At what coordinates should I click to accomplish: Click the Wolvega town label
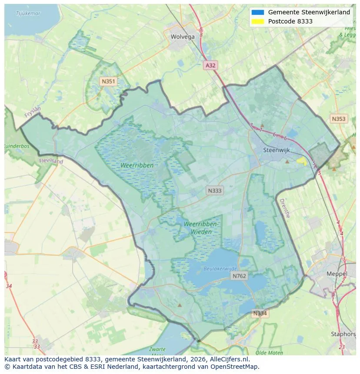[x=183, y=37]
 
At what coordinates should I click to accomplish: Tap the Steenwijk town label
[x=277, y=150]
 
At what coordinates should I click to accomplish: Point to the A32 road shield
[x=210, y=65]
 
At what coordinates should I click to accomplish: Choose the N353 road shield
[x=339, y=119]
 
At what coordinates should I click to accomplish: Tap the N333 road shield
[x=214, y=190]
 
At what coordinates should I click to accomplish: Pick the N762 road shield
[x=239, y=276]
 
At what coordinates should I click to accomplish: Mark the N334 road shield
[x=260, y=313]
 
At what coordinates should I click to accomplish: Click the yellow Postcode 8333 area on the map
[x=301, y=160]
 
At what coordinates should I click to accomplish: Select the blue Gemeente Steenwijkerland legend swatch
[x=257, y=12]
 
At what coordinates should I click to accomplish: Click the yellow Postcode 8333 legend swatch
[x=257, y=21]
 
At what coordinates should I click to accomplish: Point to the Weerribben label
[x=137, y=165]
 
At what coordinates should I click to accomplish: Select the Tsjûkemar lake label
[x=28, y=13]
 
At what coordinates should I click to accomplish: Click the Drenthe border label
[x=284, y=209]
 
